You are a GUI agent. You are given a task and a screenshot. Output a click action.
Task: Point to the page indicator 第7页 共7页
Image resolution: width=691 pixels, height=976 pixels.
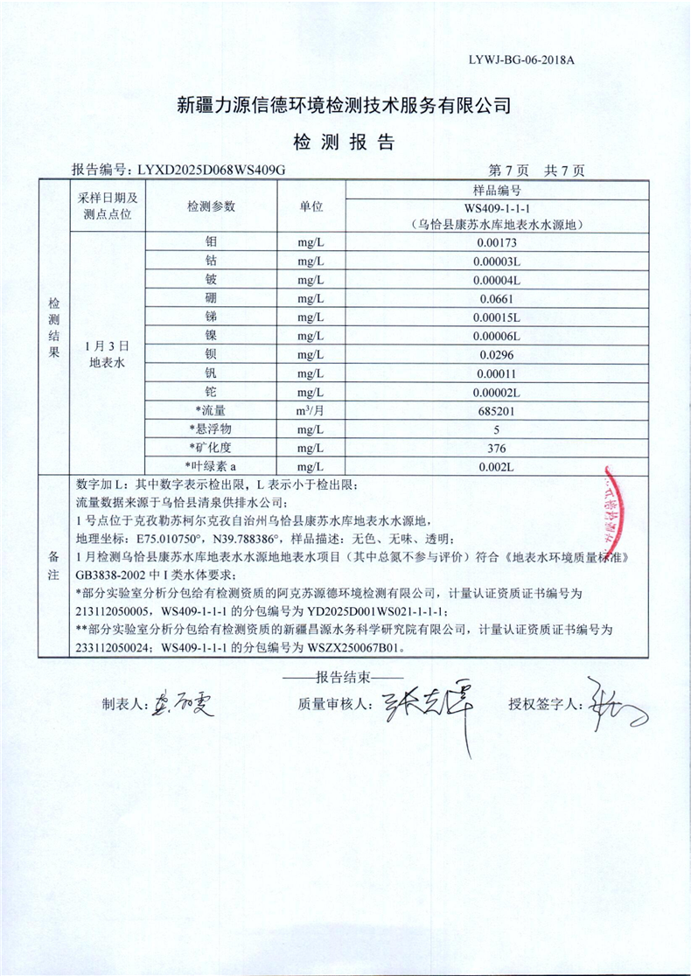[x=537, y=171]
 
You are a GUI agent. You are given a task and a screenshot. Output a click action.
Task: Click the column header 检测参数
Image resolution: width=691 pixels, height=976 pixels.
[x=211, y=206]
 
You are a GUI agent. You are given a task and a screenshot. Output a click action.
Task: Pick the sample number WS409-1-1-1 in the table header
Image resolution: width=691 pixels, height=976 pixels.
[x=498, y=208]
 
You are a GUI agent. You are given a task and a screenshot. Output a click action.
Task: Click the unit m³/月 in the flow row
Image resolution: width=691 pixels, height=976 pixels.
[x=311, y=410]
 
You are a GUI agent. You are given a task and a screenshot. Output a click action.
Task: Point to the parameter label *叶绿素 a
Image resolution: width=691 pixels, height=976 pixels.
[x=211, y=466]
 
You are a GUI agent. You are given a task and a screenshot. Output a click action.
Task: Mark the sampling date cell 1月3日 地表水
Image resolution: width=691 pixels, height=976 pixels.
[x=108, y=354]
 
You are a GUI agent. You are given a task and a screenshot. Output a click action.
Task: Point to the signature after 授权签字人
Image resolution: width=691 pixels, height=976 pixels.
[x=612, y=702]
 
